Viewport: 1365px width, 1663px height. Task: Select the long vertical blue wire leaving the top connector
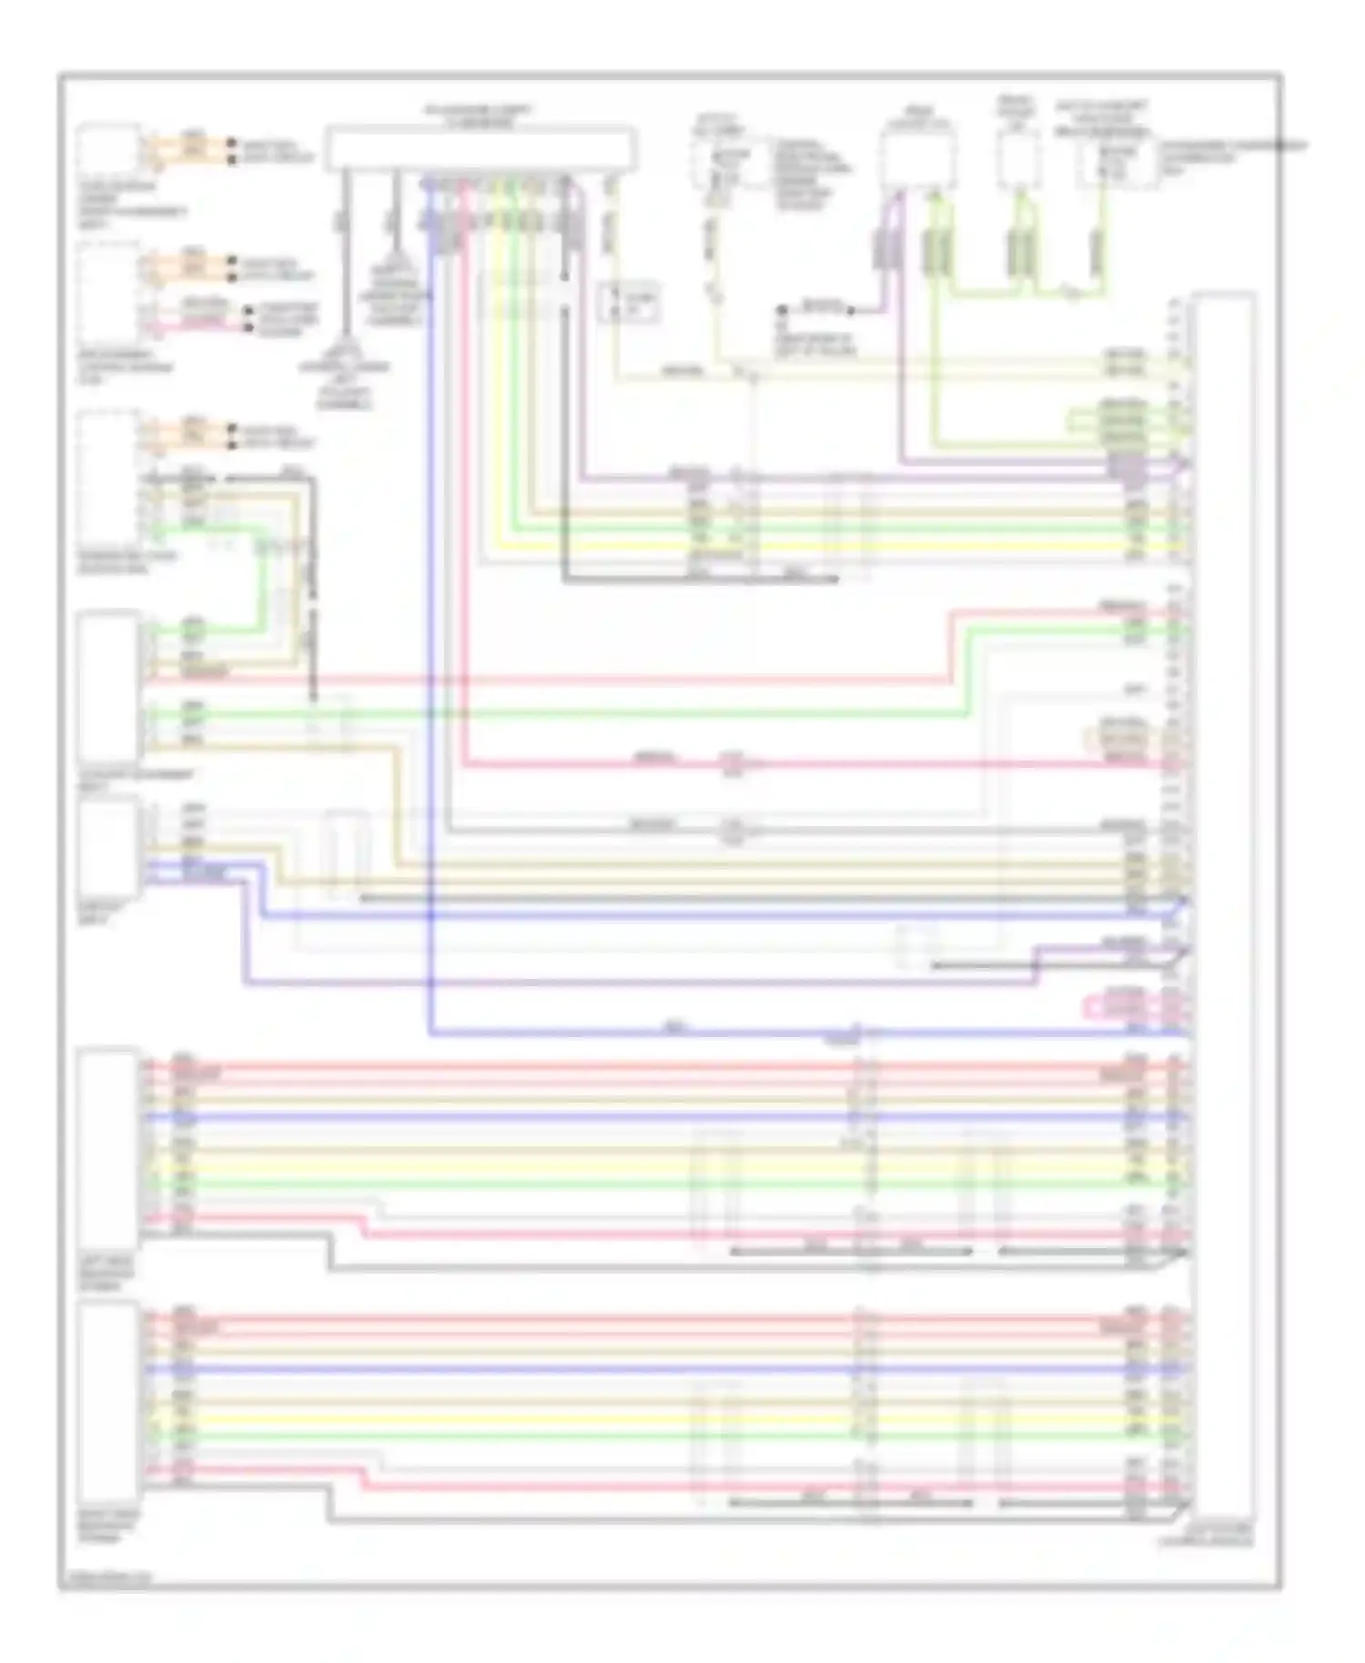[x=430, y=637]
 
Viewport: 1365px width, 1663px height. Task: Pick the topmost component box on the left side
[x=108, y=149]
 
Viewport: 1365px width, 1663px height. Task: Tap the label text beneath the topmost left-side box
[x=133, y=205]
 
